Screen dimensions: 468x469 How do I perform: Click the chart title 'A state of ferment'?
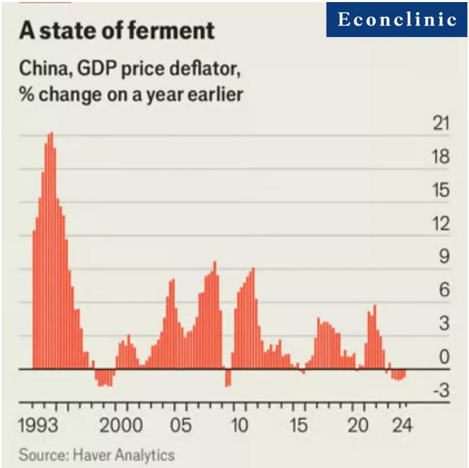(x=117, y=31)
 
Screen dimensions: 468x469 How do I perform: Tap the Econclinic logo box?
(x=397, y=19)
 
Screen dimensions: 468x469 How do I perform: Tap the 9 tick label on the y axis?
(x=443, y=257)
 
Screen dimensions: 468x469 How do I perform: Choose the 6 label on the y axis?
(x=443, y=290)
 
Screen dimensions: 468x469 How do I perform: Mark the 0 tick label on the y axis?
(x=443, y=357)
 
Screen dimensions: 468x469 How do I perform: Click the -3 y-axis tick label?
(x=439, y=390)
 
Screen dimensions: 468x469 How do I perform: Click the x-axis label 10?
(x=238, y=425)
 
